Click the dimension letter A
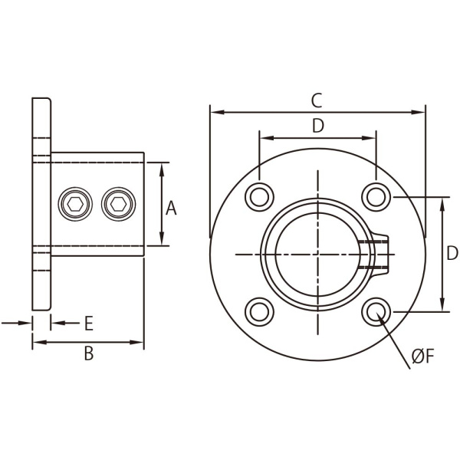point(171,209)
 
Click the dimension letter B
point(89,353)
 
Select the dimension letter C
point(317,100)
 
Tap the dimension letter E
point(89,324)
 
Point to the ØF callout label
point(422,356)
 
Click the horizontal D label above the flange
point(318,126)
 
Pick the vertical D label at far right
point(452,253)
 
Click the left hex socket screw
point(75,204)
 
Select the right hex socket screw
point(119,204)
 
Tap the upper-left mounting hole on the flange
point(259,197)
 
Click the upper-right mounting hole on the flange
point(376,197)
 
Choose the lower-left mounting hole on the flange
point(259,312)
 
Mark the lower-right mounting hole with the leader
point(376,312)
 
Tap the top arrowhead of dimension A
point(161,169)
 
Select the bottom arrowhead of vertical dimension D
point(442,304)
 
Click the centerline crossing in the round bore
point(317,255)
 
